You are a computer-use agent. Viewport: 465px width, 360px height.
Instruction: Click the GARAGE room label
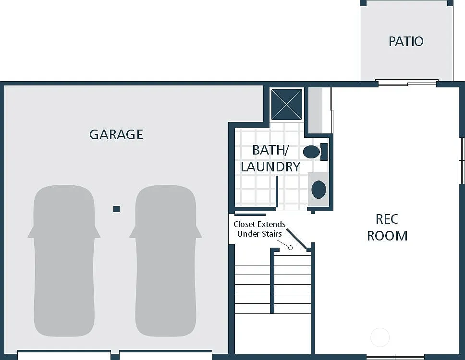tap(116, 134)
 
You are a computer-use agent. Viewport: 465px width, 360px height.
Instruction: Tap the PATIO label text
tap(406, 41)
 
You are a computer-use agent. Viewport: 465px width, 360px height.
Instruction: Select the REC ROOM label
tap(387, 227)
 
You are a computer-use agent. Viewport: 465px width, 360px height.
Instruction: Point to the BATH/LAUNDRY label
tap(270, 158)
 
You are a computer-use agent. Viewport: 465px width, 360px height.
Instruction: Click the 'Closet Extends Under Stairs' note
tap(259, 229)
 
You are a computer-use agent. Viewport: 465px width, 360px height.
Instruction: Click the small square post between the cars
tap(116, 209)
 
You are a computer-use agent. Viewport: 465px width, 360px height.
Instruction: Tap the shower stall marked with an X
tap(287, 104)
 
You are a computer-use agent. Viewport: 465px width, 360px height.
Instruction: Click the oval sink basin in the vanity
tap(318, 189)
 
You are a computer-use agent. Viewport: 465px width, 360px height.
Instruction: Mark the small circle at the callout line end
tap(290, 247)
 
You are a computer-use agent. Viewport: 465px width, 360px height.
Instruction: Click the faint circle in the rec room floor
tap(379, 337)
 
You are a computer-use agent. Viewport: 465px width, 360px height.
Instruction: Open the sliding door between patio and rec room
tap(407, 84)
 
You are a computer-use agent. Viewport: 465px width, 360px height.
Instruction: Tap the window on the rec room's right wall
tap(462, 161)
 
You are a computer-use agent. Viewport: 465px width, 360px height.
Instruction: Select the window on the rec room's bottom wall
tap(395, 357)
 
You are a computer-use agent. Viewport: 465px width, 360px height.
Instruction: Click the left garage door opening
tap(64, 356)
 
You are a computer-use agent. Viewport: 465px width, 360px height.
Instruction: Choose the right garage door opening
tap(165, 356)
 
